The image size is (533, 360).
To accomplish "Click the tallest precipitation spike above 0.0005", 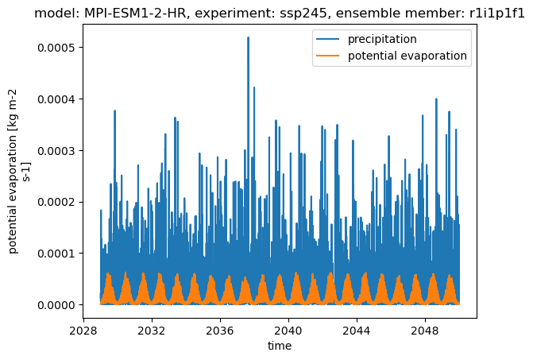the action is pyautogui.click(x=248, y=38).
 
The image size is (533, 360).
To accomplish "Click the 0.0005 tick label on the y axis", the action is pyautogui.click(x=56, y=48).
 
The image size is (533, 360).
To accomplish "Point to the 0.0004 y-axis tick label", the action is pyautogui.click(x=56, y=99).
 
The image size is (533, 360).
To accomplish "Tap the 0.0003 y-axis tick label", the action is pyautogui.click(x=56, y=150).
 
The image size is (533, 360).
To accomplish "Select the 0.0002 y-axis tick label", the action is pyautogui.click(x=56, y=202).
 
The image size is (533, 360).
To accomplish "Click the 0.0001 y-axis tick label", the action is pyautogui.click(x=56, y=254).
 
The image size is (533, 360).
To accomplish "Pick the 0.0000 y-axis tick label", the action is pyautogui.click(x=56, y=305).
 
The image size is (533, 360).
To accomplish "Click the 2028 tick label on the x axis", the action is pyautogui.click(x=83, y=331).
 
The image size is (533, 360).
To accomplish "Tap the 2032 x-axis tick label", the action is pyautogui.click(x=152, y=331).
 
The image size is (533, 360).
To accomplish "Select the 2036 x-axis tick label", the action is pyautogui.click(x=220, y=331).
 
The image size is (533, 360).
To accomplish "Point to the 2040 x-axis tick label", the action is pyautogui.click(x=288, y=331).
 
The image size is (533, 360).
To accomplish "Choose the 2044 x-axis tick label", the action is pyautogui.click(x=357, y=331).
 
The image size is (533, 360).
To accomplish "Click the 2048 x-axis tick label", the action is pyautogui.click(x=425, y=331).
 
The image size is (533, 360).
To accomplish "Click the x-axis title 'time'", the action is pyautogui.click(x=280, y=346).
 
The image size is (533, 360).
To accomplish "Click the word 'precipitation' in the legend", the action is pyautogui.click(x=382, y=40).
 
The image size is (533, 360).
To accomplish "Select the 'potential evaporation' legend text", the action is pyautogui.click(x=407, y=56).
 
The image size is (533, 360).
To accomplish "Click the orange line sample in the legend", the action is pyautogui.click(x=328, y=56).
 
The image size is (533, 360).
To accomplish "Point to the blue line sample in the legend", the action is pyautogui.click(x=328, y=39).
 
